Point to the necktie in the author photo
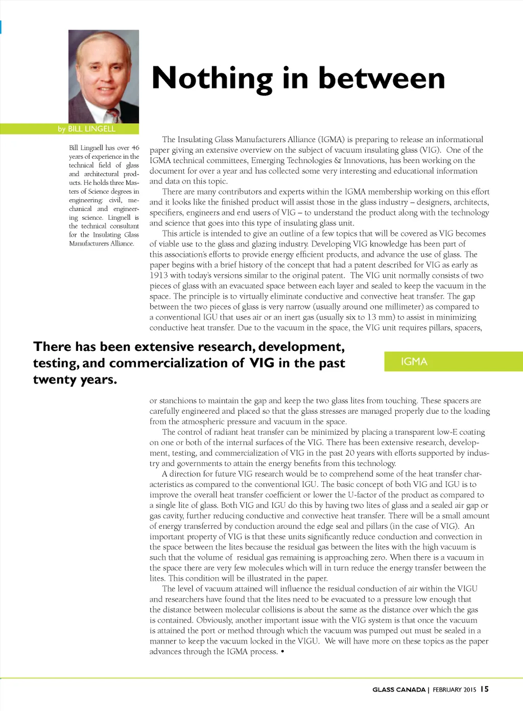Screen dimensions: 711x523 pos(113,115)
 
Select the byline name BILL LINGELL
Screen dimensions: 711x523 pos(91,129)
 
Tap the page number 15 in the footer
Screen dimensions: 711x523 pos(484,689)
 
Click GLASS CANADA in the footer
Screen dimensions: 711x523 pos(398,690)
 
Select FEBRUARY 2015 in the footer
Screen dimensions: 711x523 pos(454,690)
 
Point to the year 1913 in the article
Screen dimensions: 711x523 pos(159,275)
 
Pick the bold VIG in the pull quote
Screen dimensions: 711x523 pos(262,363)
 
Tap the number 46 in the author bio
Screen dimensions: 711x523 pos(135,148)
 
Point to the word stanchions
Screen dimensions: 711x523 pos(178,400)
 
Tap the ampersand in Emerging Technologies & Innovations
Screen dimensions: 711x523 pos(337,160)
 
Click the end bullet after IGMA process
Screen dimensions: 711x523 pos(282,651)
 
